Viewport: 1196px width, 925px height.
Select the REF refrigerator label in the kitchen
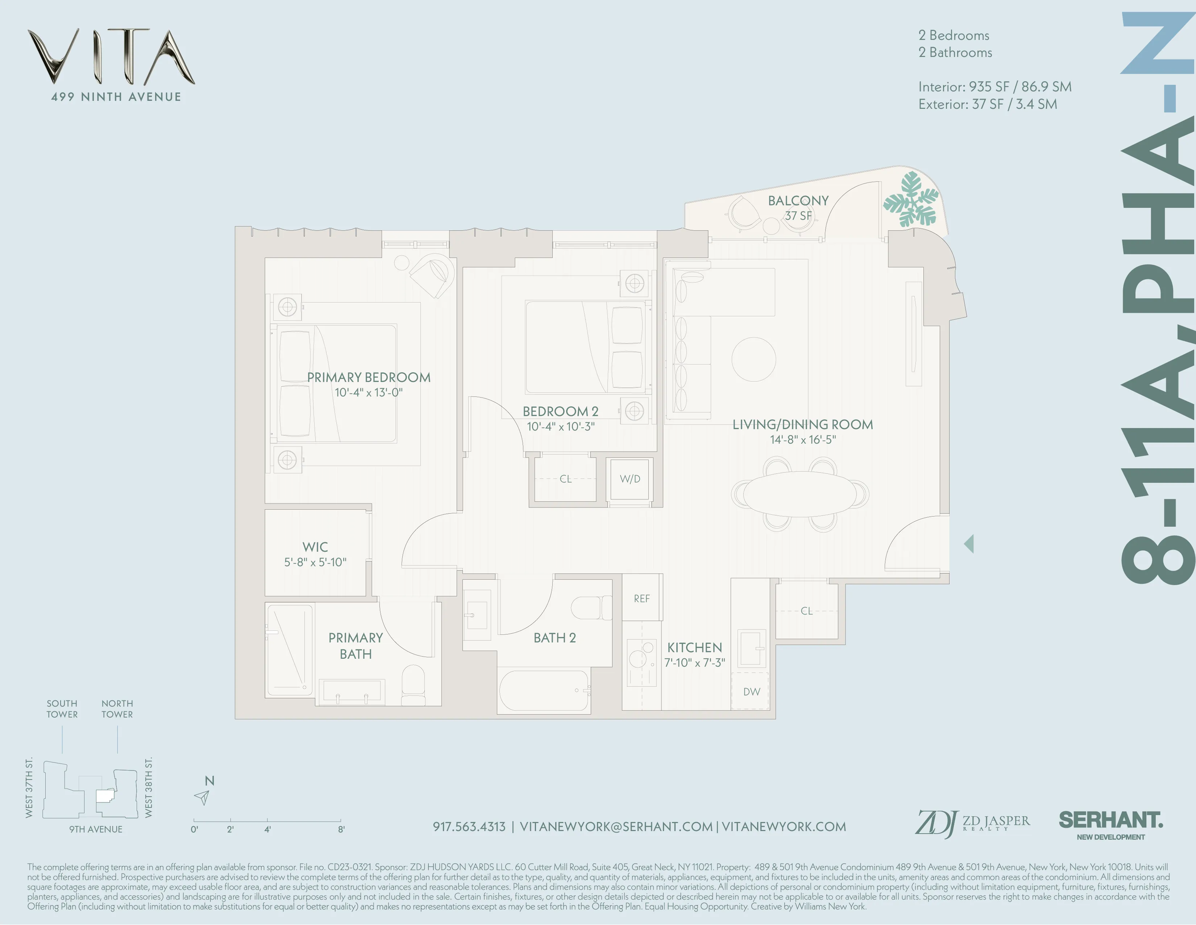642,599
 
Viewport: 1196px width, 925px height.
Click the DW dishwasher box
751,691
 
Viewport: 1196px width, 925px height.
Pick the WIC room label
315,547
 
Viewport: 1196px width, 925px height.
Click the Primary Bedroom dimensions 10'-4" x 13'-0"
369,392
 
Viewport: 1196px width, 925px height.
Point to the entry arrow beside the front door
969,544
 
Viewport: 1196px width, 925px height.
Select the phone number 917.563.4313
469,826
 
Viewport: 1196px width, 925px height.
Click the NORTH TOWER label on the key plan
117,708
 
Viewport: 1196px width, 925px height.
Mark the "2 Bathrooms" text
955,53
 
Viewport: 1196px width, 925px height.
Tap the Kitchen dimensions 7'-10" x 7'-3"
694,662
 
